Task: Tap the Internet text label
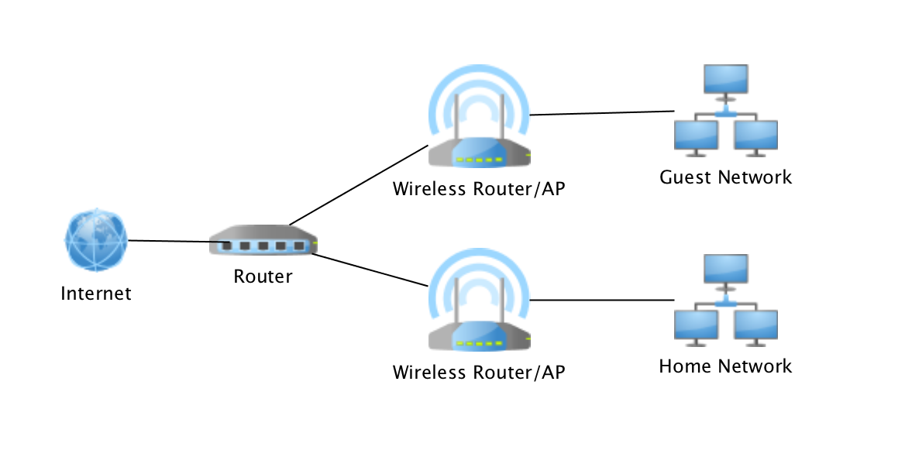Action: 96,294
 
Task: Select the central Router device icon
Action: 263,242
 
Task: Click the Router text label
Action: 263,277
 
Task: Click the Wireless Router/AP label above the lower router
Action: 479,189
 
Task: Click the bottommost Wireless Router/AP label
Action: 479,373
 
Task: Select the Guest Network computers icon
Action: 725,108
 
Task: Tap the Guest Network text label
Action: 725,177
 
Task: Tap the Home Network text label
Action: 725,366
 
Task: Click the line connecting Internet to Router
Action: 170,242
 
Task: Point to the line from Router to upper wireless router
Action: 358,184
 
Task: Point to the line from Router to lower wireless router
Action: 370,270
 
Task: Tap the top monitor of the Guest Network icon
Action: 725,79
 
